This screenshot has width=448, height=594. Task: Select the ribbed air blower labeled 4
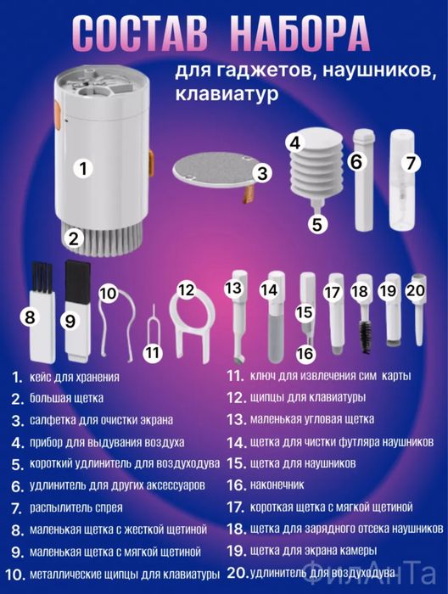click(314, 175)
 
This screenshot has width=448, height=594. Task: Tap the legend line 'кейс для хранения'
click(77, 376)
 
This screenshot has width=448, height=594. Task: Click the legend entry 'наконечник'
click(277, 485)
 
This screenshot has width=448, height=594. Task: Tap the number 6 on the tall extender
click(356, 161)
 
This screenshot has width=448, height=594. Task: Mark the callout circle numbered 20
click(415, 289)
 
